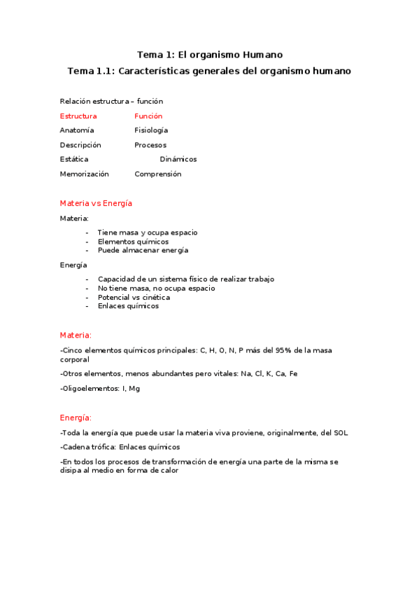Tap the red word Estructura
click(x=78, y=116)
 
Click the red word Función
click(x=148, y=116)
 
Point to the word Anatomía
click(x=77, y=130)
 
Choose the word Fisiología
click(x=151, y=130)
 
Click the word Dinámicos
click(x=178, y=159)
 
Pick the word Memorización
click(x=85, y=174)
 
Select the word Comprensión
click(x=157, y=174)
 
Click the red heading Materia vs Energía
click(x=96, y=203)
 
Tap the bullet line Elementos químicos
click(x=133, y=242)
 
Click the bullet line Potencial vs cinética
click(x=134, y=297)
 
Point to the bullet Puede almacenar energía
click(x=143, y=250)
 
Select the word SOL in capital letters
click(x=340, y=432)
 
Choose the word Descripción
click(x=80, y=145)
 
